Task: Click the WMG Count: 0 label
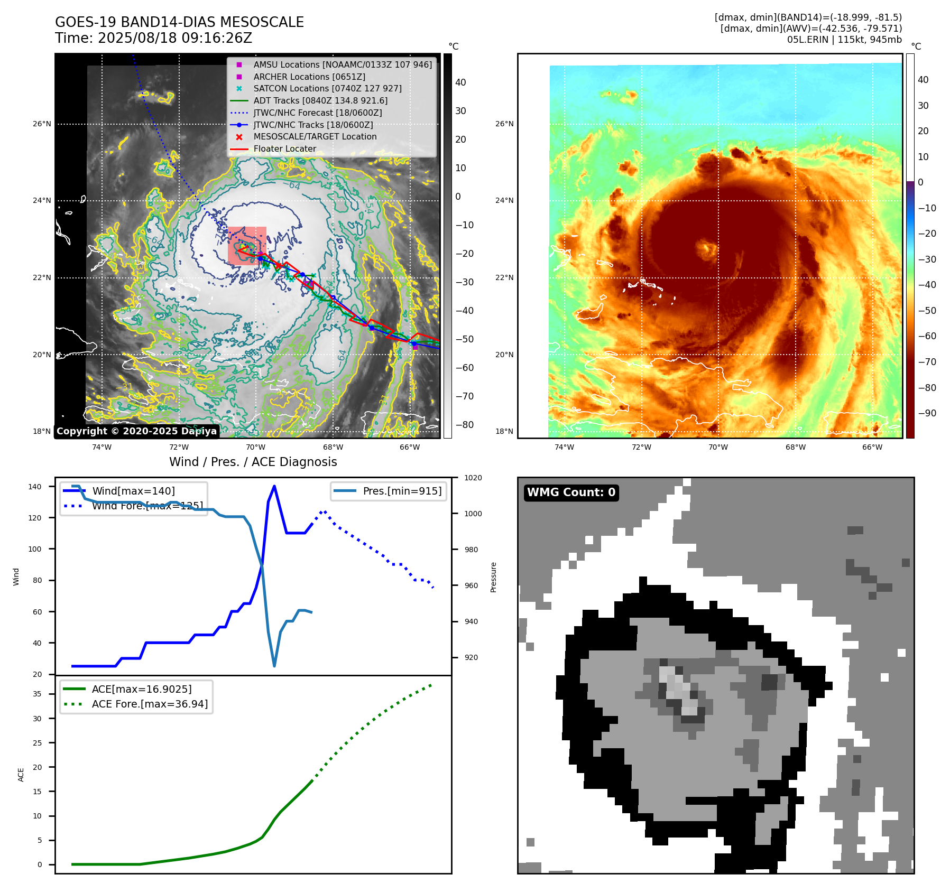(571, 492)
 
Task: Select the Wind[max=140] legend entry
(133, 491)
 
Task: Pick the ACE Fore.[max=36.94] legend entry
(150, 704)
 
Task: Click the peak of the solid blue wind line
(274, 486)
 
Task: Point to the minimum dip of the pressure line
(274, 666)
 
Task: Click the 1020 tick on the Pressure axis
(473, 478)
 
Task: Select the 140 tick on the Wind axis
(35, 487)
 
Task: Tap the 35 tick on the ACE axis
(37, 694)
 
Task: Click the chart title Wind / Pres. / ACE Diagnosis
(253, 462)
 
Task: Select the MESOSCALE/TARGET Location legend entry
(315, 137)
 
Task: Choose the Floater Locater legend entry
(284, 149)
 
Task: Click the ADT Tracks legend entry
(320, 100)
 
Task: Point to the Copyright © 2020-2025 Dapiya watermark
(136, 431)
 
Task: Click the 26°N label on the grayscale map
(42, 124)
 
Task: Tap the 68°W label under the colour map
(795, 447)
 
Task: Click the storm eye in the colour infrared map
(705, 248)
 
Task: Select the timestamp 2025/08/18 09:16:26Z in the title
(175, 39)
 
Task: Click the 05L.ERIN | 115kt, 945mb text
(844, 40)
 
